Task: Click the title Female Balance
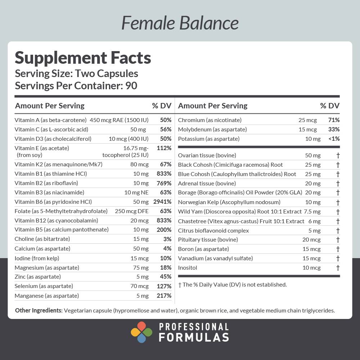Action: [x=180, y=23]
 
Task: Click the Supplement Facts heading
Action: [x=82, y=58]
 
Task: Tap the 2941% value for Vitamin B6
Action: [x=162, y=202]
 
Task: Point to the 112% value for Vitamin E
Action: [x=164, y=148]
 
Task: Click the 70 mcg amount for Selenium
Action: [x=139, y=286]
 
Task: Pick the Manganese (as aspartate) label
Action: [x=46, y=296]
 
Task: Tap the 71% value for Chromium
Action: [x=334, y=120]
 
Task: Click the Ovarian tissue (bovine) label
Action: [x=207, y=155]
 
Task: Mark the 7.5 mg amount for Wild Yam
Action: [x=312, y=211]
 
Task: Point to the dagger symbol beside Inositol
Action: [x=338, y=267]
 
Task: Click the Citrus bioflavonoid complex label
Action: [x=213, y=230]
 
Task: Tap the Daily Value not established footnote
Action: [x=233, y=284]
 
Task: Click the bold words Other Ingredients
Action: [x=39, y=310]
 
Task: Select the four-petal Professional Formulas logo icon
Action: [x=141, y=332]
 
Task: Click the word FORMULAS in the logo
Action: [x=194, y=337]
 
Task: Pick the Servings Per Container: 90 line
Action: [x=76, y=86]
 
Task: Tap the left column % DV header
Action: [x=162, y=106]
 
